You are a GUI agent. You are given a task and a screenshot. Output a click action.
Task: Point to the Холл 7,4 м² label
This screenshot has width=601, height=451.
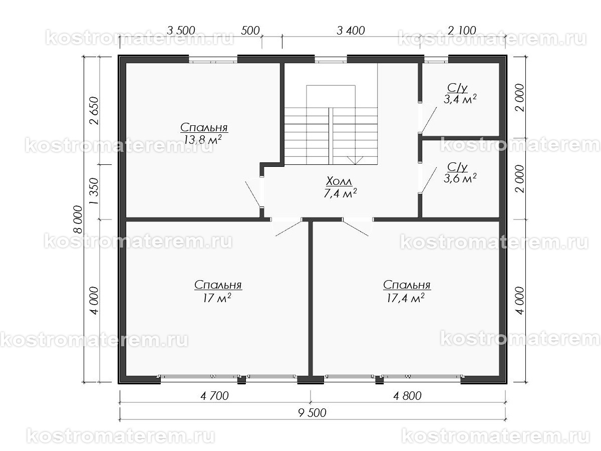coord(340,187)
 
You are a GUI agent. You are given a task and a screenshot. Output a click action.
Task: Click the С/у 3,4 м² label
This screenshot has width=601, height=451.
coord(460,94)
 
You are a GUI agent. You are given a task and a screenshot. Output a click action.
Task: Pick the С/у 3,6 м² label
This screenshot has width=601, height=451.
coord(460,172)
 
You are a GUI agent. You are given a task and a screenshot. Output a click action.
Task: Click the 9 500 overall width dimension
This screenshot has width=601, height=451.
coord(312,412)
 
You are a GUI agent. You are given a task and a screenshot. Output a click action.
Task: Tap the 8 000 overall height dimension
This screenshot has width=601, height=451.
coord(78,219)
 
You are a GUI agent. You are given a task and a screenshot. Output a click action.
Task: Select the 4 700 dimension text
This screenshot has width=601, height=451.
coord(214,396)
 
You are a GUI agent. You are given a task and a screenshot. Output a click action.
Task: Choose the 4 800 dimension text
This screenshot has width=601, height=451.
coord(407,396)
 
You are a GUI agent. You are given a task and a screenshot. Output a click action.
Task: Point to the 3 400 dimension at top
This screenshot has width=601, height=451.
coord(351,31)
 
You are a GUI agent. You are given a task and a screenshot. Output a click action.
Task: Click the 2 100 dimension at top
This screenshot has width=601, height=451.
coord(462,30)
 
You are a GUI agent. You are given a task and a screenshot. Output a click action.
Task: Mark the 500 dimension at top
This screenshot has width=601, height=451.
coord(250,31)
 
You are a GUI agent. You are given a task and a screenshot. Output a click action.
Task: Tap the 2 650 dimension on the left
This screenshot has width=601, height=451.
coord(94,110)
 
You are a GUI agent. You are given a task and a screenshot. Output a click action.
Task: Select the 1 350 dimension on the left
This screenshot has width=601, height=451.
coord(94,191)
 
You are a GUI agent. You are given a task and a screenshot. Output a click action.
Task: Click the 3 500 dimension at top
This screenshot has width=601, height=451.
coord(181,31)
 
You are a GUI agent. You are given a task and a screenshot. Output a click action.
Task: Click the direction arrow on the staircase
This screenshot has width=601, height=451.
coord(355,160)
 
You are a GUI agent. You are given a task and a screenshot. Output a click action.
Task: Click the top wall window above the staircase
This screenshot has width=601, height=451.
coord(331,60)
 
